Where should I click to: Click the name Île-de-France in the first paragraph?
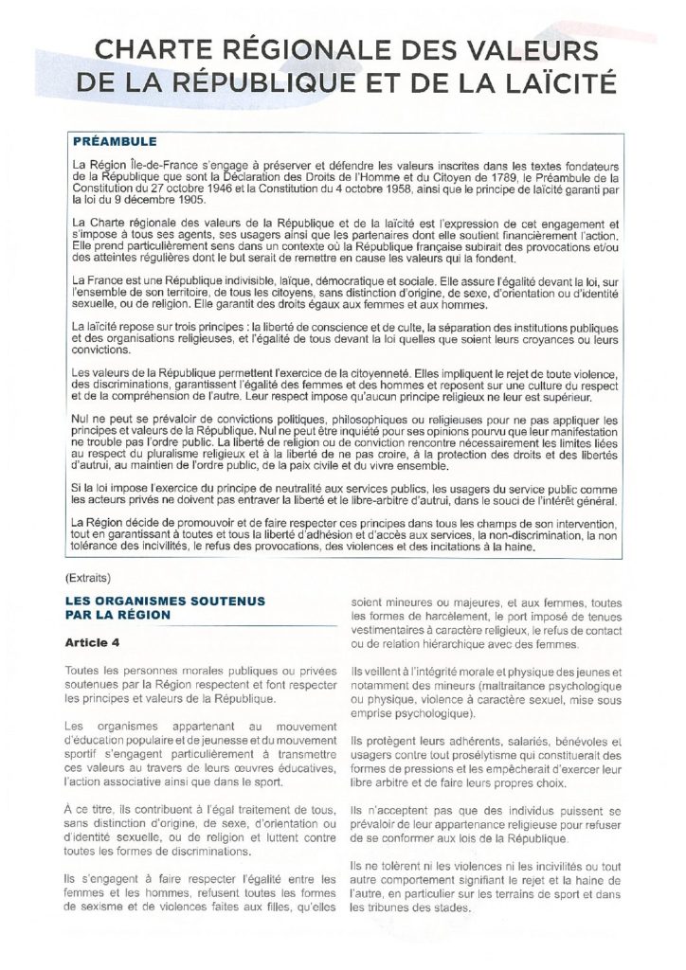[152, 165]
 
